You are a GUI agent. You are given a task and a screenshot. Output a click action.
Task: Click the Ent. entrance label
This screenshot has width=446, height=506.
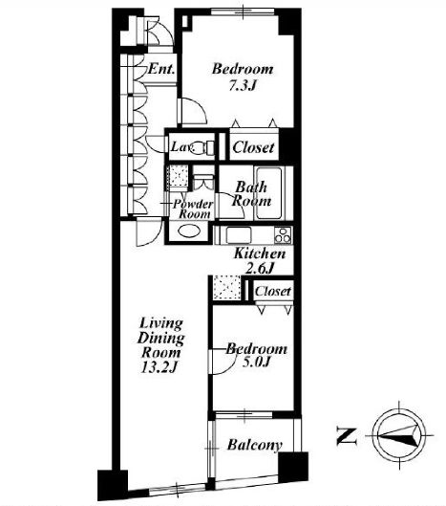[161, 69]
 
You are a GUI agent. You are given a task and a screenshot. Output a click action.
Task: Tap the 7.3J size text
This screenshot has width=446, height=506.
[243, 85]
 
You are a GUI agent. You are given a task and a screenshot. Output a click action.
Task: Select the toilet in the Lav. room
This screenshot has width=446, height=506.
[205, 148]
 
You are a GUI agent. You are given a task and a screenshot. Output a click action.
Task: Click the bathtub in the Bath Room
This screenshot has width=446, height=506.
[269, 193]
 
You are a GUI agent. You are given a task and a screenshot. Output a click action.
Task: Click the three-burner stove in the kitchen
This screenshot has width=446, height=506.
[283, 235]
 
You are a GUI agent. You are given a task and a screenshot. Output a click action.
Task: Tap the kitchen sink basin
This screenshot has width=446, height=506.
[239, 235]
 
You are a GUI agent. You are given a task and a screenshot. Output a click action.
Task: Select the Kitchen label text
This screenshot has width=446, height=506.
[260, 253]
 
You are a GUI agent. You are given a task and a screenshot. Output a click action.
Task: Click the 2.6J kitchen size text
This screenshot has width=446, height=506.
[259, 268]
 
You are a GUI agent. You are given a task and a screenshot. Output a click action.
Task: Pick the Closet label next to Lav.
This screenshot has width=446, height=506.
[254, 147]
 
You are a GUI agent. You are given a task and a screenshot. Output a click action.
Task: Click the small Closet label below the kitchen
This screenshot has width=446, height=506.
[273, 291]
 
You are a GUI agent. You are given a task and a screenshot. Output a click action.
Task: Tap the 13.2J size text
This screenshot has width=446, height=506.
[159, 367]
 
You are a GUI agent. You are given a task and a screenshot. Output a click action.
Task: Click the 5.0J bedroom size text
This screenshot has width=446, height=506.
[256, 363]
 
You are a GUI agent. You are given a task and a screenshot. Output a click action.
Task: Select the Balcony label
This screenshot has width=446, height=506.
[255, 445]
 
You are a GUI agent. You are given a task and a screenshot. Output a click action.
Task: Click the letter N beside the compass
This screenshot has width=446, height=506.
[347, 436]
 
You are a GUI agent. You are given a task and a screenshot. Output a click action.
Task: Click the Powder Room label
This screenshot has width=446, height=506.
[192, 209]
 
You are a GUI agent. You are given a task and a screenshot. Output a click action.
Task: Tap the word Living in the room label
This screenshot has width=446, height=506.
[160, 323]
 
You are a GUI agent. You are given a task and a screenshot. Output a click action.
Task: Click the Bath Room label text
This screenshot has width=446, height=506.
[251, 194]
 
